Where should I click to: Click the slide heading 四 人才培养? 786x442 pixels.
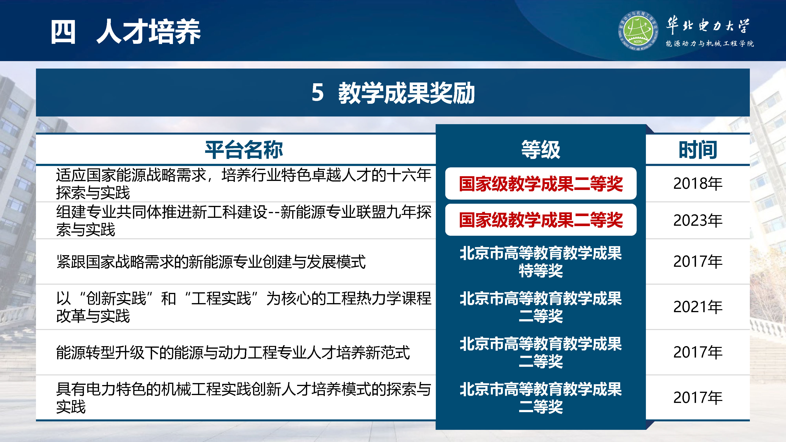coord(125,31)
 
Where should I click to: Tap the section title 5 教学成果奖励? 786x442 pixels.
coord(393,92)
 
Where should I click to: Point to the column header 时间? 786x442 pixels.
coord(698,150)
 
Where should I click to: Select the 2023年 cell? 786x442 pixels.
coord(698,220)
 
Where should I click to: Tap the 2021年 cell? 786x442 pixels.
coord(698,307)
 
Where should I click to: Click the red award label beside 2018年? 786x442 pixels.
coord(541,184)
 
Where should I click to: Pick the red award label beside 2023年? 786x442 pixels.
coord(541,220)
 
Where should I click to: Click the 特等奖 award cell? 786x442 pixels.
coord(541,262)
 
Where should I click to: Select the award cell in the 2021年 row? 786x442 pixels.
coord(541,307)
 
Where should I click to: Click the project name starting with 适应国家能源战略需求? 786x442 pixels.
coord(243,184)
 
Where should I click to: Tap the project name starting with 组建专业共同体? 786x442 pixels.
coord(243,220)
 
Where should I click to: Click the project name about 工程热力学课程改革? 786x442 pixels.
coord(243,307)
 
